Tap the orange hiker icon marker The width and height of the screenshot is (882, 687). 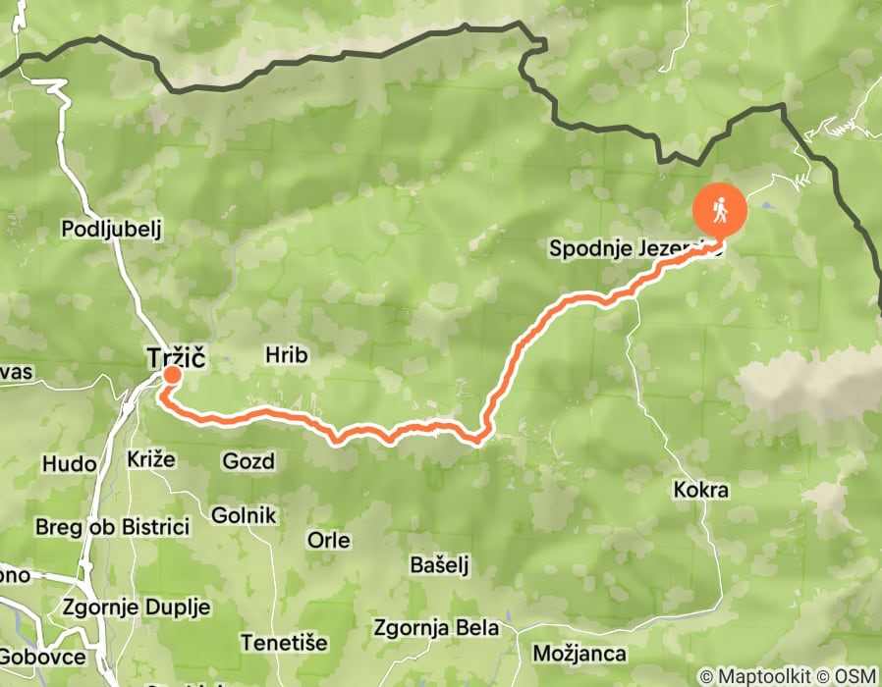720,210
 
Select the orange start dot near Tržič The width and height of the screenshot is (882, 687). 172,375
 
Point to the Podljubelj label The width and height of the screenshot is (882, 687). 110,229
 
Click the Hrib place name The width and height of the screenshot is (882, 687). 287,355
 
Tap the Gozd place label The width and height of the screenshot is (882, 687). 248,460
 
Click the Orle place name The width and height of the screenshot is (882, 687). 329,540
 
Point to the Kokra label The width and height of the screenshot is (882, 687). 702,489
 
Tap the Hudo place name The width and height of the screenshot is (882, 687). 70,462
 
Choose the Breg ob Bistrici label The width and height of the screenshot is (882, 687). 111,527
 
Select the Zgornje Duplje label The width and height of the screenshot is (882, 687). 136,608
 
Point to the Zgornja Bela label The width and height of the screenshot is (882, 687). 436,627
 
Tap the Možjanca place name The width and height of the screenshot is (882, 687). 579,653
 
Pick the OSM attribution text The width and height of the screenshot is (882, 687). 854,676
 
